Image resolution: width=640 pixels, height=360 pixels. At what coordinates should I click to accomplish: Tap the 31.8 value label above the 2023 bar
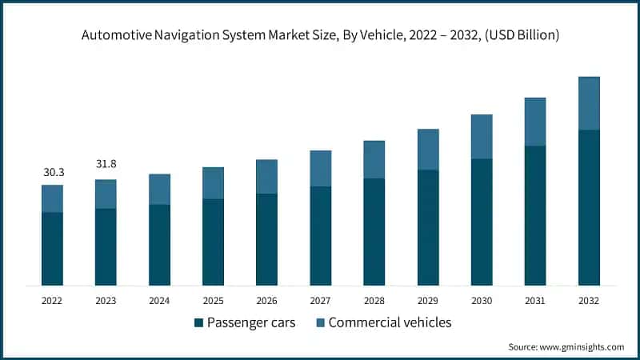coord(106,165)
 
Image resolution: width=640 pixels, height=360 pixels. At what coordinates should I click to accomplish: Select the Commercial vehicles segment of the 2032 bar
coord(589,103)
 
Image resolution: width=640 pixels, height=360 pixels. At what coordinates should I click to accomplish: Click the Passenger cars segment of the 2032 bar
coord(589,207)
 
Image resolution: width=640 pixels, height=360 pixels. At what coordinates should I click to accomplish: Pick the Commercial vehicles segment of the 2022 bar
coord(52,198)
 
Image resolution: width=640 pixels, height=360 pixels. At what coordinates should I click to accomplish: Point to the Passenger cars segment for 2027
coord(321,236)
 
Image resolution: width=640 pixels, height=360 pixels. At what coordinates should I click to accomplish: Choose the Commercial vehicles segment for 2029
coord(428,149)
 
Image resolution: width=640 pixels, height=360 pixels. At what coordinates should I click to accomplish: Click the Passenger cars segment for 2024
coord(159,245)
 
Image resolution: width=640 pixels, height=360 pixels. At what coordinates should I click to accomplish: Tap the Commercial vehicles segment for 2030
coord(482,136)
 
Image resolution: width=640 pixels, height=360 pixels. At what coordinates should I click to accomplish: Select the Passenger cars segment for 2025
coord(213,242)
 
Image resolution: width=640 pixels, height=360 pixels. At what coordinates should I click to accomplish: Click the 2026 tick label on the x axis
coord(266,301)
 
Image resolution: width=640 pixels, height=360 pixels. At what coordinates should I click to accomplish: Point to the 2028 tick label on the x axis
coord(374,301)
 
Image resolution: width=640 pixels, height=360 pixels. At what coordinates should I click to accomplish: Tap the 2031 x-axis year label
coord(535,301)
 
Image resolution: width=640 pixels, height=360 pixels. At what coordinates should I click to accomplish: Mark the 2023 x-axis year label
coord(106,301)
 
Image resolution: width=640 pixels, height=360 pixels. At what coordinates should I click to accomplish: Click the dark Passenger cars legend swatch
coord(198,323)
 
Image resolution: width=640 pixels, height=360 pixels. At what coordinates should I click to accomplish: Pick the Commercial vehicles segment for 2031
coord(535,122)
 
